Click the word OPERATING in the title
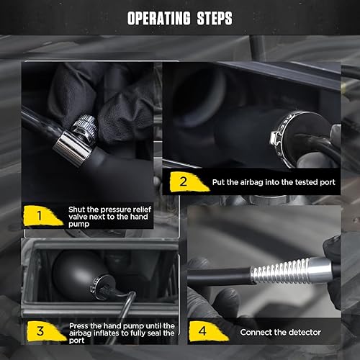tap(158, 19)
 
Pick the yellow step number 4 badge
tap(204, 332)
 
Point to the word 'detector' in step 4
tap(303, 333)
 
